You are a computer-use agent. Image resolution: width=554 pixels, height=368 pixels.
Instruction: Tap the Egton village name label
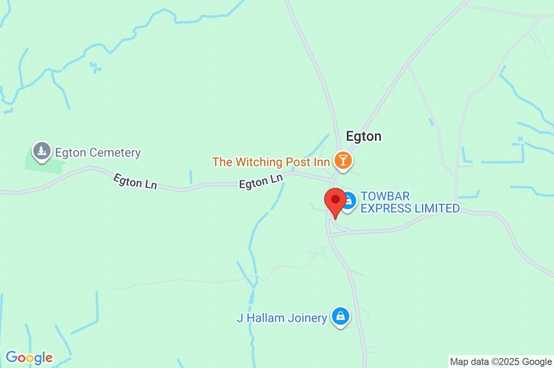click(x=364, y=136)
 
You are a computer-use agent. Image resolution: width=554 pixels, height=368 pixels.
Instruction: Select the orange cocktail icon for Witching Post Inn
click(x=342, y=160)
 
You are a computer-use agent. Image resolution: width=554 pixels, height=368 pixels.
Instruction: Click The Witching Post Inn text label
click(x=271, y=162)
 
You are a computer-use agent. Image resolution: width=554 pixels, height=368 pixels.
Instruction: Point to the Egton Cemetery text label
click(x=98, y=153)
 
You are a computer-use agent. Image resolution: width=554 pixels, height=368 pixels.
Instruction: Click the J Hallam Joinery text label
click(x=282, y=318)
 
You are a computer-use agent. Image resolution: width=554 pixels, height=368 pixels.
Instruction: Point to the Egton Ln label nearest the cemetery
click(x=135, y=181)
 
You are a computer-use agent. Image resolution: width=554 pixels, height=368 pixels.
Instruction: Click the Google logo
click(x=29, y=358)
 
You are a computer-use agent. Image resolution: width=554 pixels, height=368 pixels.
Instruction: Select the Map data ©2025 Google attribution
click(x=500, y=361)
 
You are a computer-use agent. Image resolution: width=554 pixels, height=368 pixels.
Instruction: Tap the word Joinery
click(x=307, y=318)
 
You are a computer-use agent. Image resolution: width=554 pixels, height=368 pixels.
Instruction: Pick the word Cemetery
click(x=115, y=153)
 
